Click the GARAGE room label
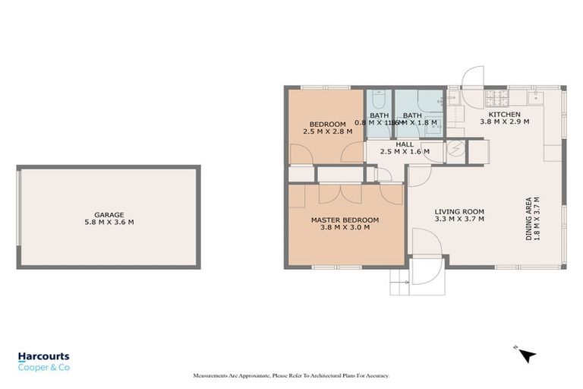[109, 215]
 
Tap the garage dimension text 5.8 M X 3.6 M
[109, 223]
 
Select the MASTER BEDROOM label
[345, 220]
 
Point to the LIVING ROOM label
[459, 212]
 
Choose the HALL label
[405, 144]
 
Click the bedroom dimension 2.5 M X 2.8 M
[328, 131]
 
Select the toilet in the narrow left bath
[380, 98]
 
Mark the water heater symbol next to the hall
[455, 149]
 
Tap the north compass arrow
[527, 354]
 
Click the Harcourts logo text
[43, 356]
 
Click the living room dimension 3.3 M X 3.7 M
[459, 220]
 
